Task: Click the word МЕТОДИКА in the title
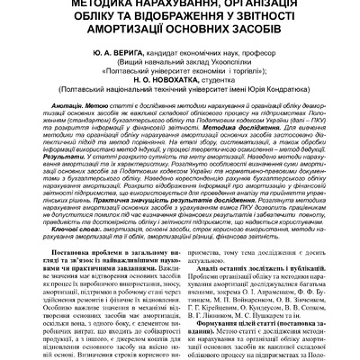[72, 4]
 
